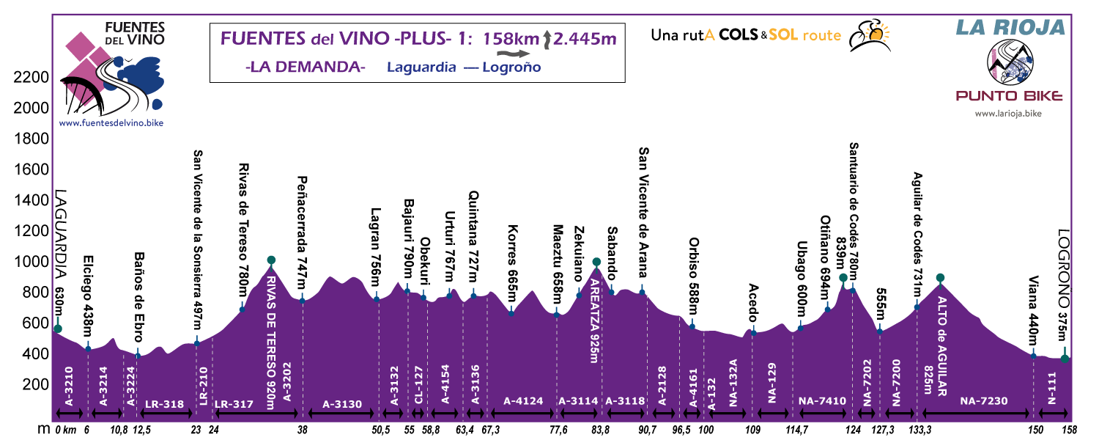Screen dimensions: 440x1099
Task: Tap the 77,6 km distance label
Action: pos(560,430)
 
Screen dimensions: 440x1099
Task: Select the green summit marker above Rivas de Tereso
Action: pos(271,260)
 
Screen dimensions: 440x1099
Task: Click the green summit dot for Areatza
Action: pos(596,262)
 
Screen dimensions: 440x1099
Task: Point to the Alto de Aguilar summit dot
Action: pos(940,278)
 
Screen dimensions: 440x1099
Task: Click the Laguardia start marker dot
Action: pos(58,329)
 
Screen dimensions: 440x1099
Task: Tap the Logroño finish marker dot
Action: pos(1065,359)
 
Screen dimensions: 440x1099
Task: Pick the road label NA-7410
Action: pos(822,401)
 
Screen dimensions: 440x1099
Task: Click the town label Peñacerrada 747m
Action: pos(303,232)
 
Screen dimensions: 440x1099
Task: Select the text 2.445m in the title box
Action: pos(584,38)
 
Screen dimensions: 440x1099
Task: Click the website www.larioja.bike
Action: pos(1008,114)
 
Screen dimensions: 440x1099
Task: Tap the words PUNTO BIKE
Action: pos(1008,96)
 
